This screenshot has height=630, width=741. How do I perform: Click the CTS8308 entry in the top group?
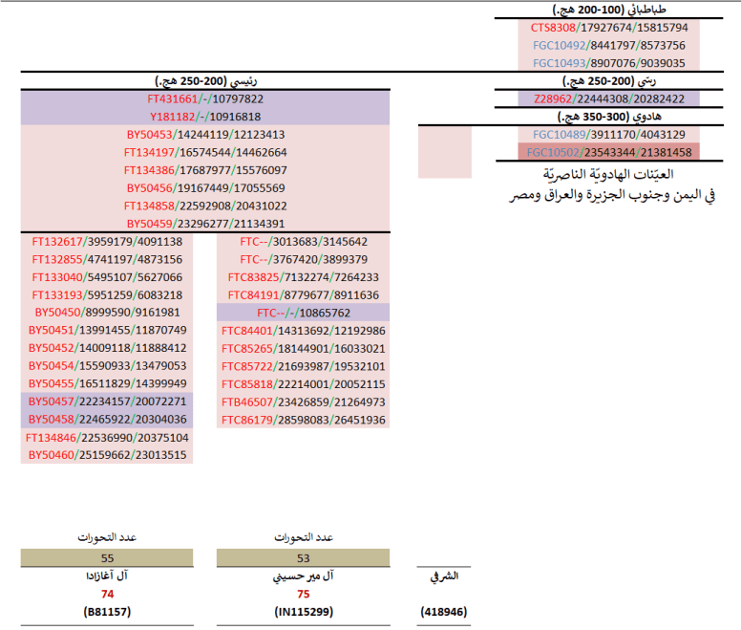pos(608,28)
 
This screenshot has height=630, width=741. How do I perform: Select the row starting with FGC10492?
pos(608,45)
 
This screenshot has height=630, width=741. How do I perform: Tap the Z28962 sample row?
pos(608,98)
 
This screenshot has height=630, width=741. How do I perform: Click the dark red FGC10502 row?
pos(608,152)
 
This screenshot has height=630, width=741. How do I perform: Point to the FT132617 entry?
pos(107,242)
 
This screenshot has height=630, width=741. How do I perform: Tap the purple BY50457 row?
pos(107,402)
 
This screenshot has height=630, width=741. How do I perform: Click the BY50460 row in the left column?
pos(107,455)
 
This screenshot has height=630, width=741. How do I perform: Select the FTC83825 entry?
pos(303,277)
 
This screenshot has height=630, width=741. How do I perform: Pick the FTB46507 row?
pos(303,402)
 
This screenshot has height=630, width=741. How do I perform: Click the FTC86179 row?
pos(303,420)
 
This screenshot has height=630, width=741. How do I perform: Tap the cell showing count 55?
pos(107,556)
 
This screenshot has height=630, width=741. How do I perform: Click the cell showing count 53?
pos(303,556)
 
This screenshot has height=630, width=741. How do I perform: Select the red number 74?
pos(107,593)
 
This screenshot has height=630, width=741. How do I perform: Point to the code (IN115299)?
pos(303,610)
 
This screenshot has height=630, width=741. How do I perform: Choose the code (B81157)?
pos(107,610)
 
